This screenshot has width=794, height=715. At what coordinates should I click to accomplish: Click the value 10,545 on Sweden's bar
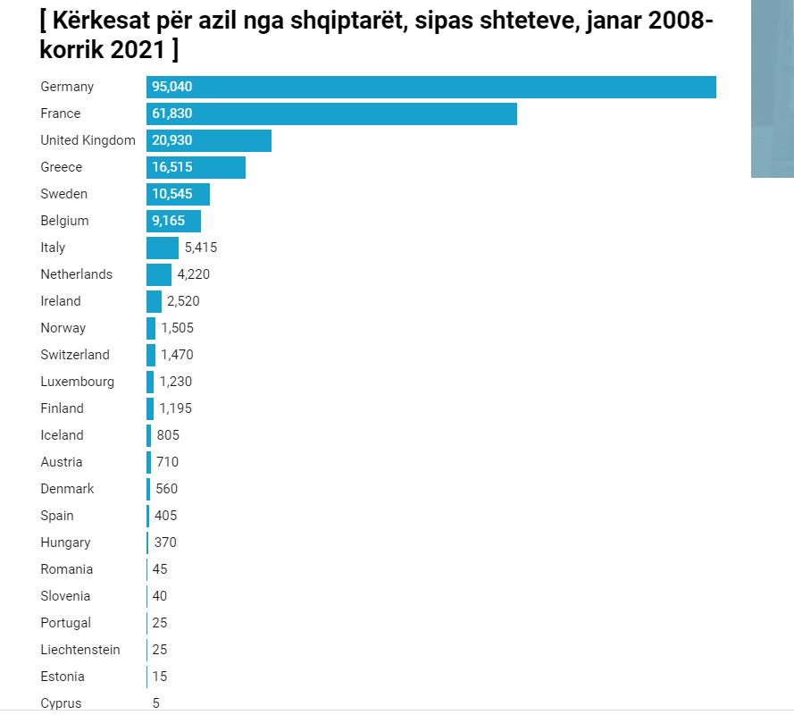click(172, 194)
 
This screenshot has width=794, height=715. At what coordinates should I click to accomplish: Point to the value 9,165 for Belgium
click(169, 221)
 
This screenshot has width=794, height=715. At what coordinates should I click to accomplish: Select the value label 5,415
click(201, 248)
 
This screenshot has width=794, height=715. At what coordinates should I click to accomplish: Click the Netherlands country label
click(77, 274)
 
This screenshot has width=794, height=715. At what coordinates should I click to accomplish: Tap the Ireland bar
click(154, 301)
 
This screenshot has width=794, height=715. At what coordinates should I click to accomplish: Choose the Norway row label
click(63, 328)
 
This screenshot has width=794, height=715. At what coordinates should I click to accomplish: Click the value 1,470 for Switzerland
click(177, 355)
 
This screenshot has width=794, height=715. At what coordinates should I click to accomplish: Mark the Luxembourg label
click(78, 382)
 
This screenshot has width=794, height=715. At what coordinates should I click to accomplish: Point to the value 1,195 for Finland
click(175, 408)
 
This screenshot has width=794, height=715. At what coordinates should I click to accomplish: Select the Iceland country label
click(62, 435)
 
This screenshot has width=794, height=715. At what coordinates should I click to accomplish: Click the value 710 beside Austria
click(167, 462)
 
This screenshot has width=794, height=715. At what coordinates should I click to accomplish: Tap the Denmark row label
click(67, 489)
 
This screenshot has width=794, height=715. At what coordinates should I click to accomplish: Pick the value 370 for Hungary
click(164, 543)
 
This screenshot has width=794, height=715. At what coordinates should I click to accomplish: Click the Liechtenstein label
click(80, 650)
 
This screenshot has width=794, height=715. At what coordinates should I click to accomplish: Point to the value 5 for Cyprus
click(156, 703)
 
